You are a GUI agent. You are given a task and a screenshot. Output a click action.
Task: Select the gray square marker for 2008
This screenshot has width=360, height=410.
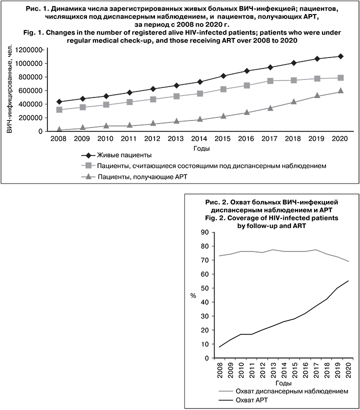pyautogui.click(x=60, y=109)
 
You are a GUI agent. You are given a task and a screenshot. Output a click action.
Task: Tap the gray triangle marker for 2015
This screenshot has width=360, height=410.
pyautogui.click(x=223, y=115)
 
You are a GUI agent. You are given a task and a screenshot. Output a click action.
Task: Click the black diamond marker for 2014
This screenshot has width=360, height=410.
pyautogui.click(x=200, y=81)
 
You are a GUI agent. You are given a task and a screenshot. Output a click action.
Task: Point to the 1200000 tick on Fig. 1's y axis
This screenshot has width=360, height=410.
pyautogui.click(x=29, y=50)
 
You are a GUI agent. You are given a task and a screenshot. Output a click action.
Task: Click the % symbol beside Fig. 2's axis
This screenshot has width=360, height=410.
pyautogui.click(x=193, y=295)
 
